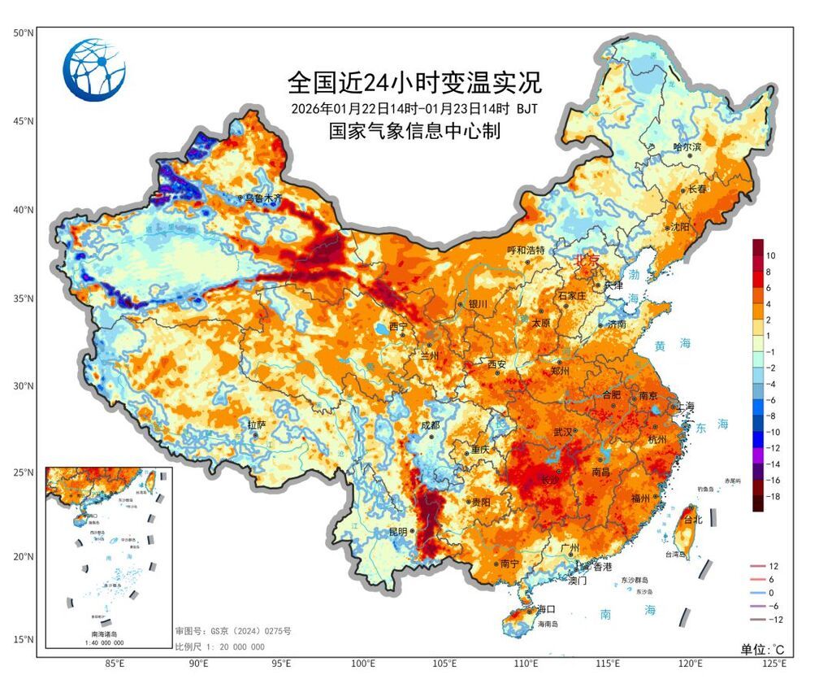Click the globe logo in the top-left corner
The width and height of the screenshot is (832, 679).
[95, 70]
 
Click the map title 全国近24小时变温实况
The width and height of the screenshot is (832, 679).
[414, 82]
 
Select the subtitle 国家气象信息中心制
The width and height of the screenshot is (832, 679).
[414, 130]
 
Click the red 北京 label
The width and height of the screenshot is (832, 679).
[587, 261]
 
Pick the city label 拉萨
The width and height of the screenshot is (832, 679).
[257, 424]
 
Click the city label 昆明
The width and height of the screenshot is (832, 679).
[398, 531]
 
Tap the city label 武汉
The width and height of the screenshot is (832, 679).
[563, 432]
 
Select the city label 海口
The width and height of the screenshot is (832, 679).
[546, 608]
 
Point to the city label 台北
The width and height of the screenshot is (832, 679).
[693, 519]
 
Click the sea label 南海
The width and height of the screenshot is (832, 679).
[627, 612]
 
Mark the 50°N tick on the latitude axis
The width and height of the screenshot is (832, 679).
[22, 33]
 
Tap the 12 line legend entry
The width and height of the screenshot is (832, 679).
[773, 565]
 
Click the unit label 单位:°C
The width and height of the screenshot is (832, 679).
[762, 649]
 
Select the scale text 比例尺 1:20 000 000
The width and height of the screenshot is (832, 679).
[219, 646]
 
